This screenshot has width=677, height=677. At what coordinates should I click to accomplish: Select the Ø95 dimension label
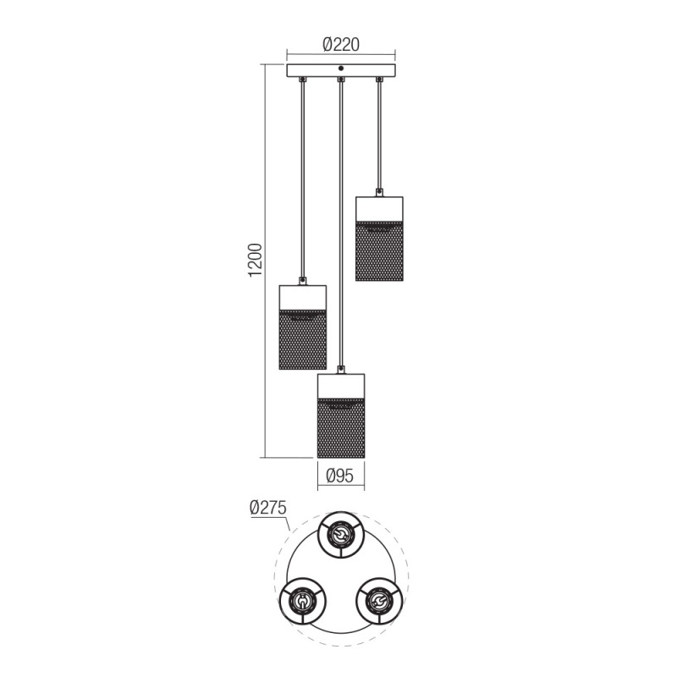340,476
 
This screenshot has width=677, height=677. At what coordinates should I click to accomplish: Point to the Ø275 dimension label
268,508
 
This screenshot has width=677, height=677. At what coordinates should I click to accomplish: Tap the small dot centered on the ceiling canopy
340,68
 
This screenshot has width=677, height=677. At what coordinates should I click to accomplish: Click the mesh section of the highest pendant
379,252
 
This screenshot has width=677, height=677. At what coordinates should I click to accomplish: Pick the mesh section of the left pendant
302,340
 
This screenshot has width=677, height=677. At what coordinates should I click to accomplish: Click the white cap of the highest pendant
379,207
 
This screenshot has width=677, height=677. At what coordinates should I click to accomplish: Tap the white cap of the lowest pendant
340,386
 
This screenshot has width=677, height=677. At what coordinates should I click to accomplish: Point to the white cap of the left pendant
302,296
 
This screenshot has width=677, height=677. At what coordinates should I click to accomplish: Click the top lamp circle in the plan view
340,535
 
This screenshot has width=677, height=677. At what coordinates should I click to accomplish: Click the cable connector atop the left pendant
302,281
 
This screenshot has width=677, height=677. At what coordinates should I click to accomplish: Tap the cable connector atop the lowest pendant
340,370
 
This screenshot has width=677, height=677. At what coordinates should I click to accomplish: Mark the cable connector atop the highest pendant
379,192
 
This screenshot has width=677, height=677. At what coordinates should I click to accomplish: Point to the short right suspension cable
379,135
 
